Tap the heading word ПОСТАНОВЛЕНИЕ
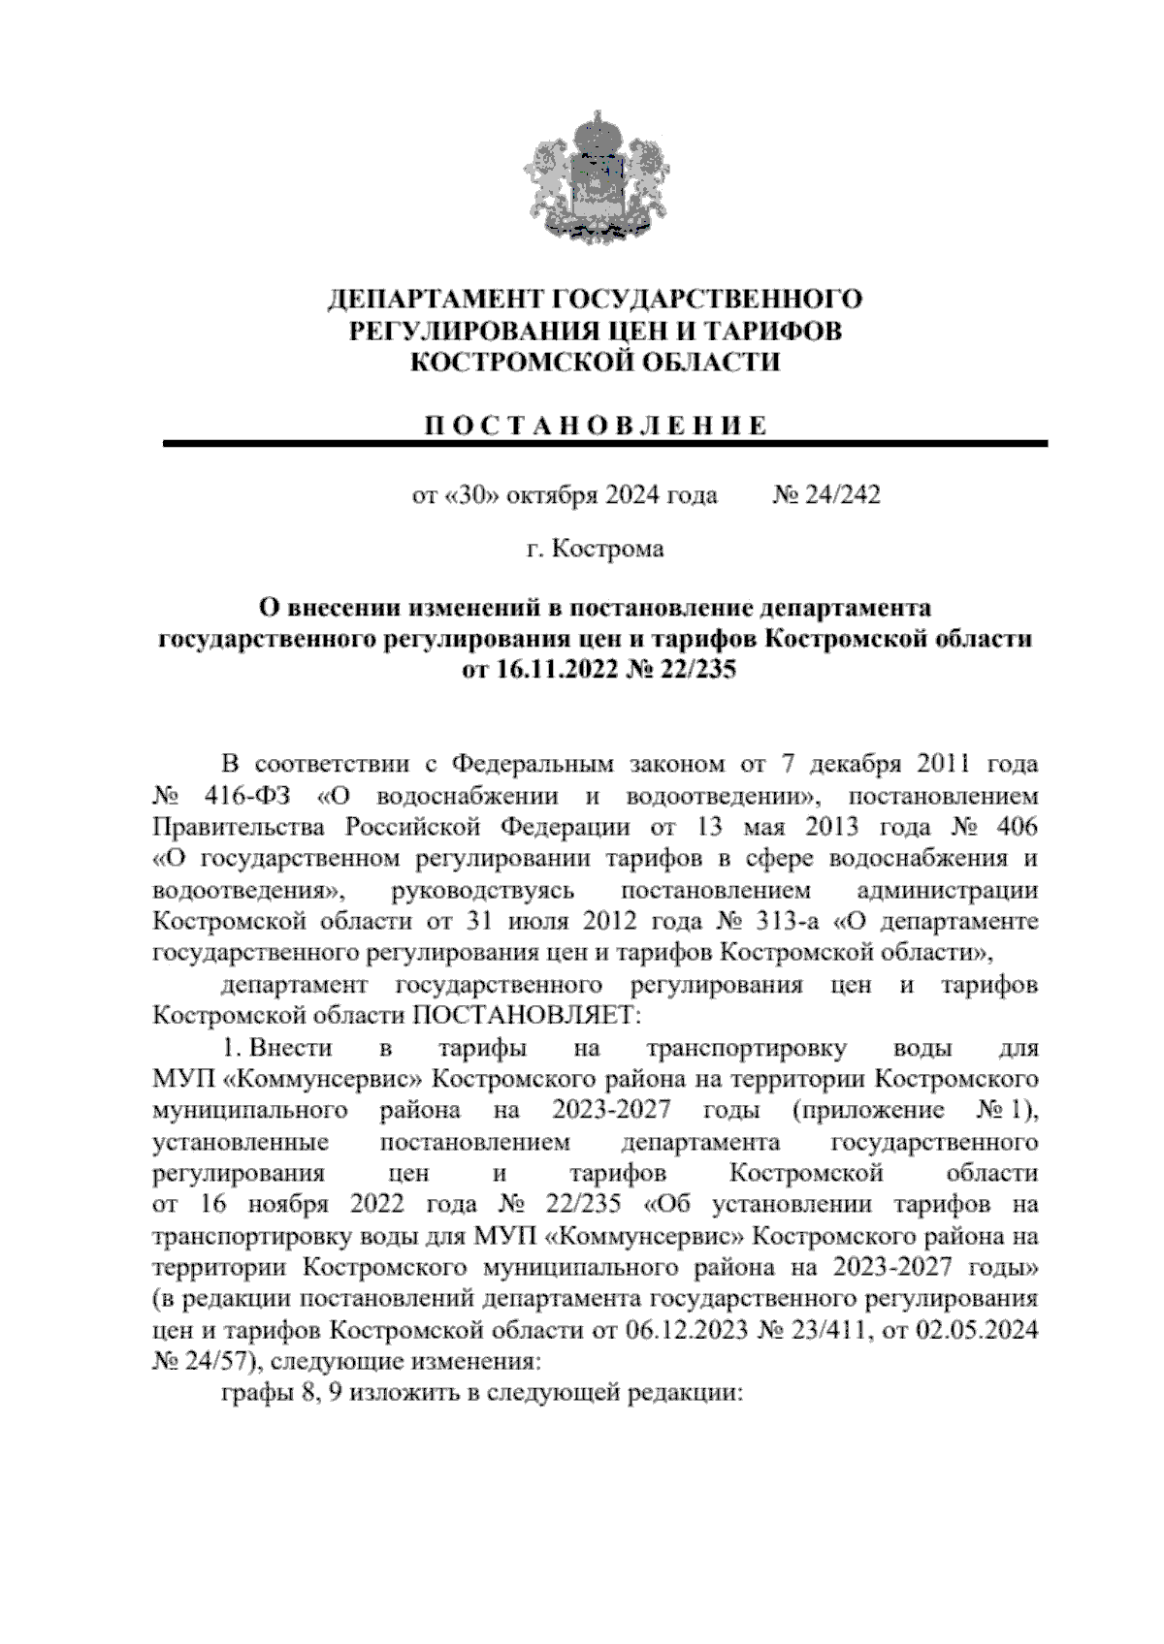596,427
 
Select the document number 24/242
841,496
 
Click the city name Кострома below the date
608,550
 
